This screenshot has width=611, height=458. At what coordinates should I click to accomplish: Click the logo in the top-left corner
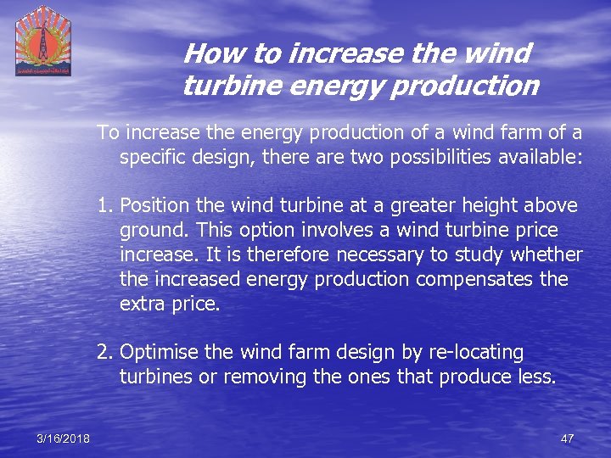tap(43, 41)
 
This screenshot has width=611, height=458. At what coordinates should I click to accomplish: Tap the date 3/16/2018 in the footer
tap(63, 438)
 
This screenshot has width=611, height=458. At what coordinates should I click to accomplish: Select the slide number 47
tap(568, 438)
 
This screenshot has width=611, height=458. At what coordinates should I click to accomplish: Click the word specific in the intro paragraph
tap(152, 157)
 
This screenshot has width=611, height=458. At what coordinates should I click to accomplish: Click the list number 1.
tap(104, 206)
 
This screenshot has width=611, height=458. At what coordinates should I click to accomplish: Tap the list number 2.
tap(104, 352)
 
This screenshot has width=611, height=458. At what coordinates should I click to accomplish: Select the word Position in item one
tap(155, 206)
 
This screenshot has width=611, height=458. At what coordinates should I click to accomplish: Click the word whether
tap(547, 255)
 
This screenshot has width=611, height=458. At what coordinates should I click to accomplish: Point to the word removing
tap(253, 377)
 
